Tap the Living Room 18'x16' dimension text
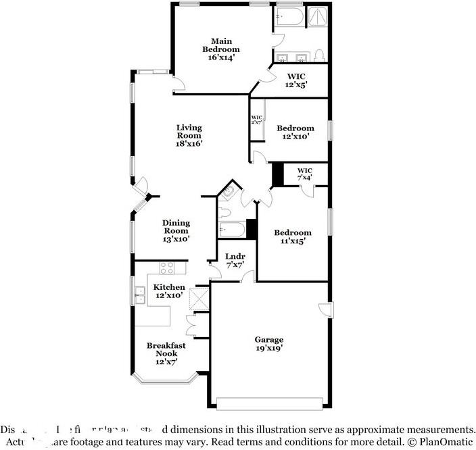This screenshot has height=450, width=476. [189, 143]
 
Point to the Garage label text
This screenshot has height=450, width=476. [268, 339]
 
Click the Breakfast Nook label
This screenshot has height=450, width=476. [166, 349]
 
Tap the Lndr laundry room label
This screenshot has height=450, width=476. [235, 257]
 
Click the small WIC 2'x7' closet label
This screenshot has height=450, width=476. [256, 120]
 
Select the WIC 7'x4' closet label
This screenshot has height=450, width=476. [305, 174]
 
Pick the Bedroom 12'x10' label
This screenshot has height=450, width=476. [295, 132]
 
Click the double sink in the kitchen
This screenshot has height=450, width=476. [141, 293]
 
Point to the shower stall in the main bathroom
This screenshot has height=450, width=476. [318, 16]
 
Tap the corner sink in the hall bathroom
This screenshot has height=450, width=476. [229, 193]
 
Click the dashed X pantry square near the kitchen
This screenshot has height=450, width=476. [199, 298]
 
